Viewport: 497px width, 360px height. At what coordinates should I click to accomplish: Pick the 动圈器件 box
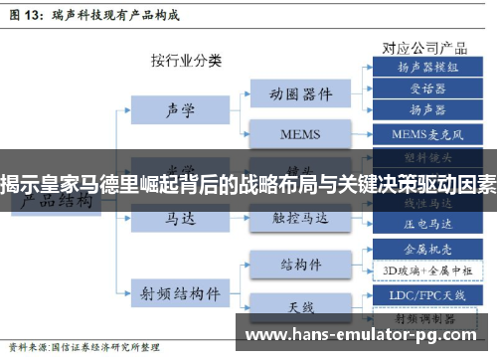tap(300, 94)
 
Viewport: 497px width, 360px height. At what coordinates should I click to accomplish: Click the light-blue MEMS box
tap(300, 132)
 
